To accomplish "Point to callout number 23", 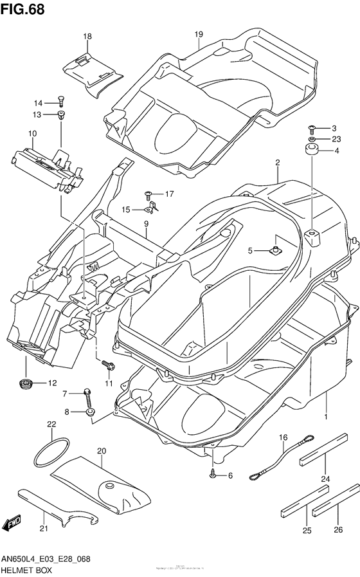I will [336, 139].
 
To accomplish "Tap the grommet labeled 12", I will [26, 384].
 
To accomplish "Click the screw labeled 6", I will [213, 475].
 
